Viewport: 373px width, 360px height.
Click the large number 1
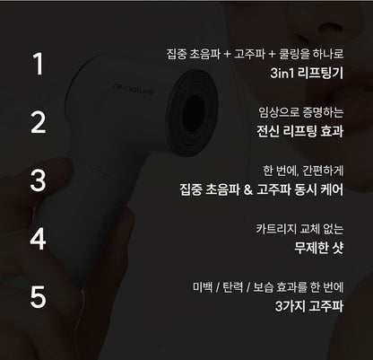(x=37, y=64)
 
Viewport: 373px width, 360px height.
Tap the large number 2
(x=37, y=122)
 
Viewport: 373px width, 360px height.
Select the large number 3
(x=37, y=180)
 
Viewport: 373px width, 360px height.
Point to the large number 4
(x=37, y=239)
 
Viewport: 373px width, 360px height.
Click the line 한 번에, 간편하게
(x=308, y=170)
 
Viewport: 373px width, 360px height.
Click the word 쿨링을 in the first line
(x=290, y=53)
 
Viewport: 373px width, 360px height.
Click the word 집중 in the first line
(x=178, y=53)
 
